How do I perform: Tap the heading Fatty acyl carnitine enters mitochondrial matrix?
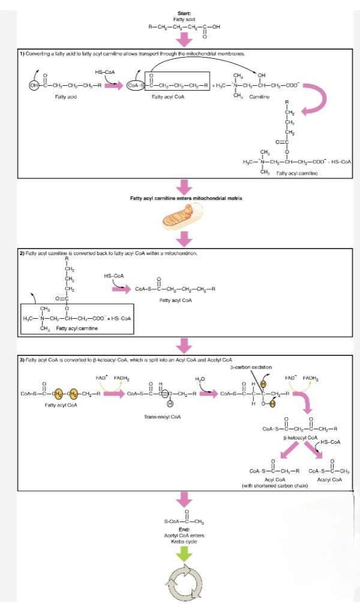click(x=185, y=198)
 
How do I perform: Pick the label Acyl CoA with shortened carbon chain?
click(x=274, y=482)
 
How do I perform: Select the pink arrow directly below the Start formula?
click(x=185, y=39)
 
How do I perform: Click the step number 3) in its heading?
click(x=22, y=359)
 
